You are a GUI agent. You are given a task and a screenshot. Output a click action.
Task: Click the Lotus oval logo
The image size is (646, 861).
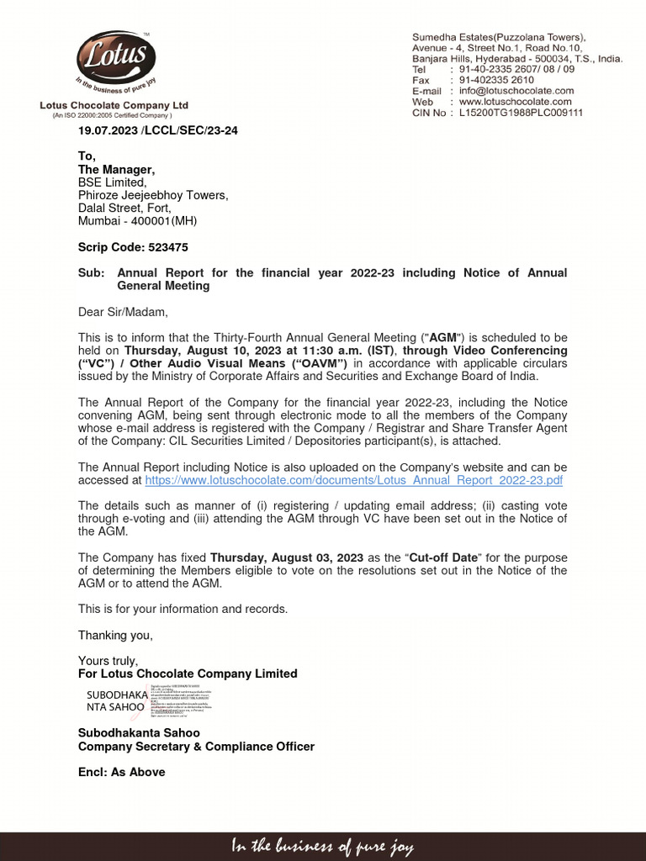[x=115, y=57]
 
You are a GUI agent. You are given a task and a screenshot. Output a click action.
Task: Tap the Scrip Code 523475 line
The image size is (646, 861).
[x=133, y=247]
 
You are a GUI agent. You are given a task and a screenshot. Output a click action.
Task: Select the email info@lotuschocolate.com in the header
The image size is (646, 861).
[x=516, y=91]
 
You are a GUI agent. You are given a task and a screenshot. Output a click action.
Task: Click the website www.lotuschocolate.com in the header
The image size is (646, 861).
[x=516, y=102]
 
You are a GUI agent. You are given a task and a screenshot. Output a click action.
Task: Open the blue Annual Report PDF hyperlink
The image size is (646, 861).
[x=353, y=480]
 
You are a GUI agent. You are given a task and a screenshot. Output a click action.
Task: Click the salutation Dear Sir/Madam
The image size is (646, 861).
[x=123, y=312]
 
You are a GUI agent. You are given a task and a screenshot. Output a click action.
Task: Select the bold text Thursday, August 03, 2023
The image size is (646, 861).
[x=287, y=557]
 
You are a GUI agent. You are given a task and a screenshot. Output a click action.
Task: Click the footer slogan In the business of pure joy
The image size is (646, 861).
[x=323, y=847]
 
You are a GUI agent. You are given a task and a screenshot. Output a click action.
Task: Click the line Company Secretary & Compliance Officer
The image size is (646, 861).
[x=196, y=747]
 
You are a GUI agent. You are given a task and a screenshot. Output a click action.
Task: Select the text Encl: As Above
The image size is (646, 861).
[x=121, y=772]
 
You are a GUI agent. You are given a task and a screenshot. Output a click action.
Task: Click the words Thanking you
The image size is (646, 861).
[x=115, y=636]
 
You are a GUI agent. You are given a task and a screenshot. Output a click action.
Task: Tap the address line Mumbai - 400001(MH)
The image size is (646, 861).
[x=137, y=221]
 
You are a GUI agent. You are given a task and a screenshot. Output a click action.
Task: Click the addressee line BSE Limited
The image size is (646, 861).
[x=112, y=182]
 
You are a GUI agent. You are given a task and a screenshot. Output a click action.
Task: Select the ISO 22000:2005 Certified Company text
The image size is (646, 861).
[x=114, y=115]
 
